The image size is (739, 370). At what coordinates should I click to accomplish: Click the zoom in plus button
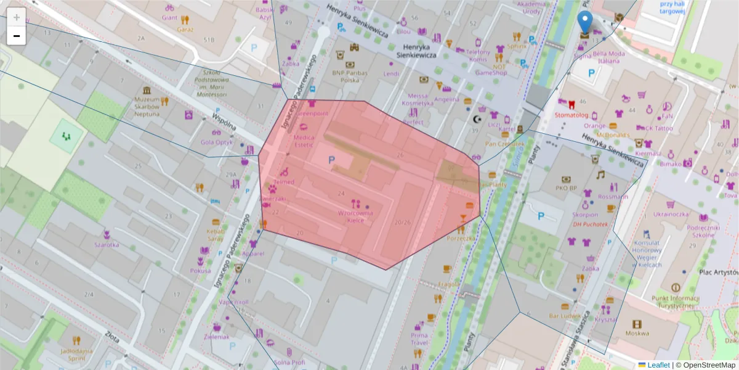[x=17, y=17]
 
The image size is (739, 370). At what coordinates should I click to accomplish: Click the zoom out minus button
[x=17, y=36]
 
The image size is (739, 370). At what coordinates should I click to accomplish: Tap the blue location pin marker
[x=586, y=22]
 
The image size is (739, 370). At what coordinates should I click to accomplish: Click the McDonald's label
[x=612, y=135]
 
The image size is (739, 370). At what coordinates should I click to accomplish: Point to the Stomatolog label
[x=571, y=115]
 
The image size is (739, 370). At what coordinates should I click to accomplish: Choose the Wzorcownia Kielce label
[x=355, y=216]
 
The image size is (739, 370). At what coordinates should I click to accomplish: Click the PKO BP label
[x=566, y=187]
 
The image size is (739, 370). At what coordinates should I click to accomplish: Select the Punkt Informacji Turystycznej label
[x=676, y=302]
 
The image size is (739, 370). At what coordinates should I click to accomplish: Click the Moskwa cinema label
[x=637, y=333]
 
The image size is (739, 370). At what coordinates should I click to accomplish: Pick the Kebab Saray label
[x=216, y=234]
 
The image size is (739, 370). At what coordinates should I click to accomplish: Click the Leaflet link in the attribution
[x=658, y=365]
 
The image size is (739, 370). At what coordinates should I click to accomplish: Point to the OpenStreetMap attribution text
[x=710, y=365]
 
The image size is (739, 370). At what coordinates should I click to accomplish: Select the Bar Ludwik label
[x=565, y=316]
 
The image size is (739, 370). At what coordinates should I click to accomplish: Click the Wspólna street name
[x=224, y=123]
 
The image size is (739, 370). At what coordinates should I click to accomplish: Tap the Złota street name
[x=112, y=337]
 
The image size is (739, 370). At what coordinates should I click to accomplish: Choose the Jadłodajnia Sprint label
[x=76, y=354]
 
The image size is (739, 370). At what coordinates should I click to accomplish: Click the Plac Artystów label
[x=719, y=271]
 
